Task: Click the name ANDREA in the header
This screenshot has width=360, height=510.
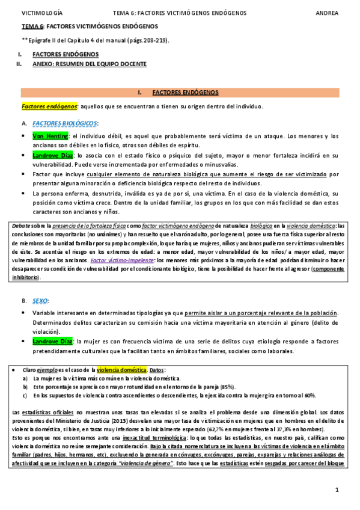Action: click(327, 13)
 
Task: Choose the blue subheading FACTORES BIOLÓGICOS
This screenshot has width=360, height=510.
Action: click(66, 123)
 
